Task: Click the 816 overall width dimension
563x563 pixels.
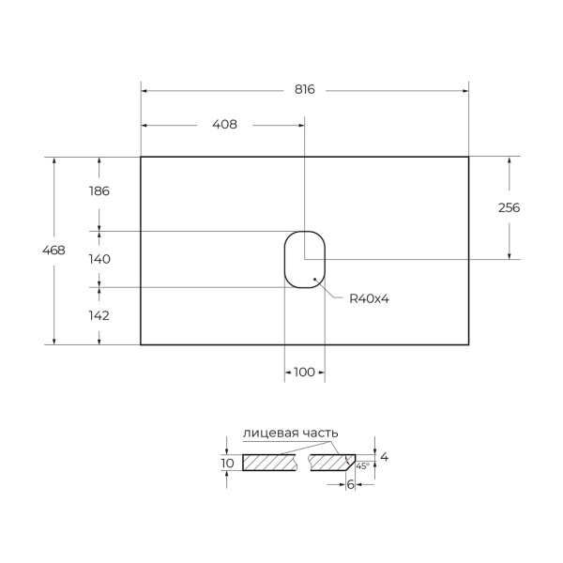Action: (x=304, y=90)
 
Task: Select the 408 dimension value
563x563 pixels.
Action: (x=223, y=124)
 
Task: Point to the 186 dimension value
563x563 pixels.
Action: (x=99, y=190)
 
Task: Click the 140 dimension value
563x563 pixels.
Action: (x=99, y=259)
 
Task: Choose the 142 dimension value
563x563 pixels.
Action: (x=99, y=315)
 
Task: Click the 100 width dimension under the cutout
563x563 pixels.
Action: (x=304, y=373)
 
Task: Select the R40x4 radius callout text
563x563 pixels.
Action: (x=369, y=298)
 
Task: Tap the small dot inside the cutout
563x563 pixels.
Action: (x=313, y=279)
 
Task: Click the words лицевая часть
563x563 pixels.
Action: (x=290, y=433)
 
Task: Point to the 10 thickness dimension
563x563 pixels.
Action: (x=227, y=463)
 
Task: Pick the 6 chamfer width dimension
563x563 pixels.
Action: (x=351, y=484)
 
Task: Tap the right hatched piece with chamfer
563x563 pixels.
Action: (x=330, y=463)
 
